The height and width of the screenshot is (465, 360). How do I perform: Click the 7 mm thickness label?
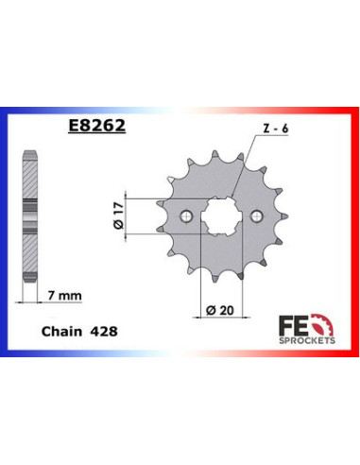pos(63,297)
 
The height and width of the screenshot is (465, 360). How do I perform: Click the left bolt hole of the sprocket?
pos(188,215)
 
